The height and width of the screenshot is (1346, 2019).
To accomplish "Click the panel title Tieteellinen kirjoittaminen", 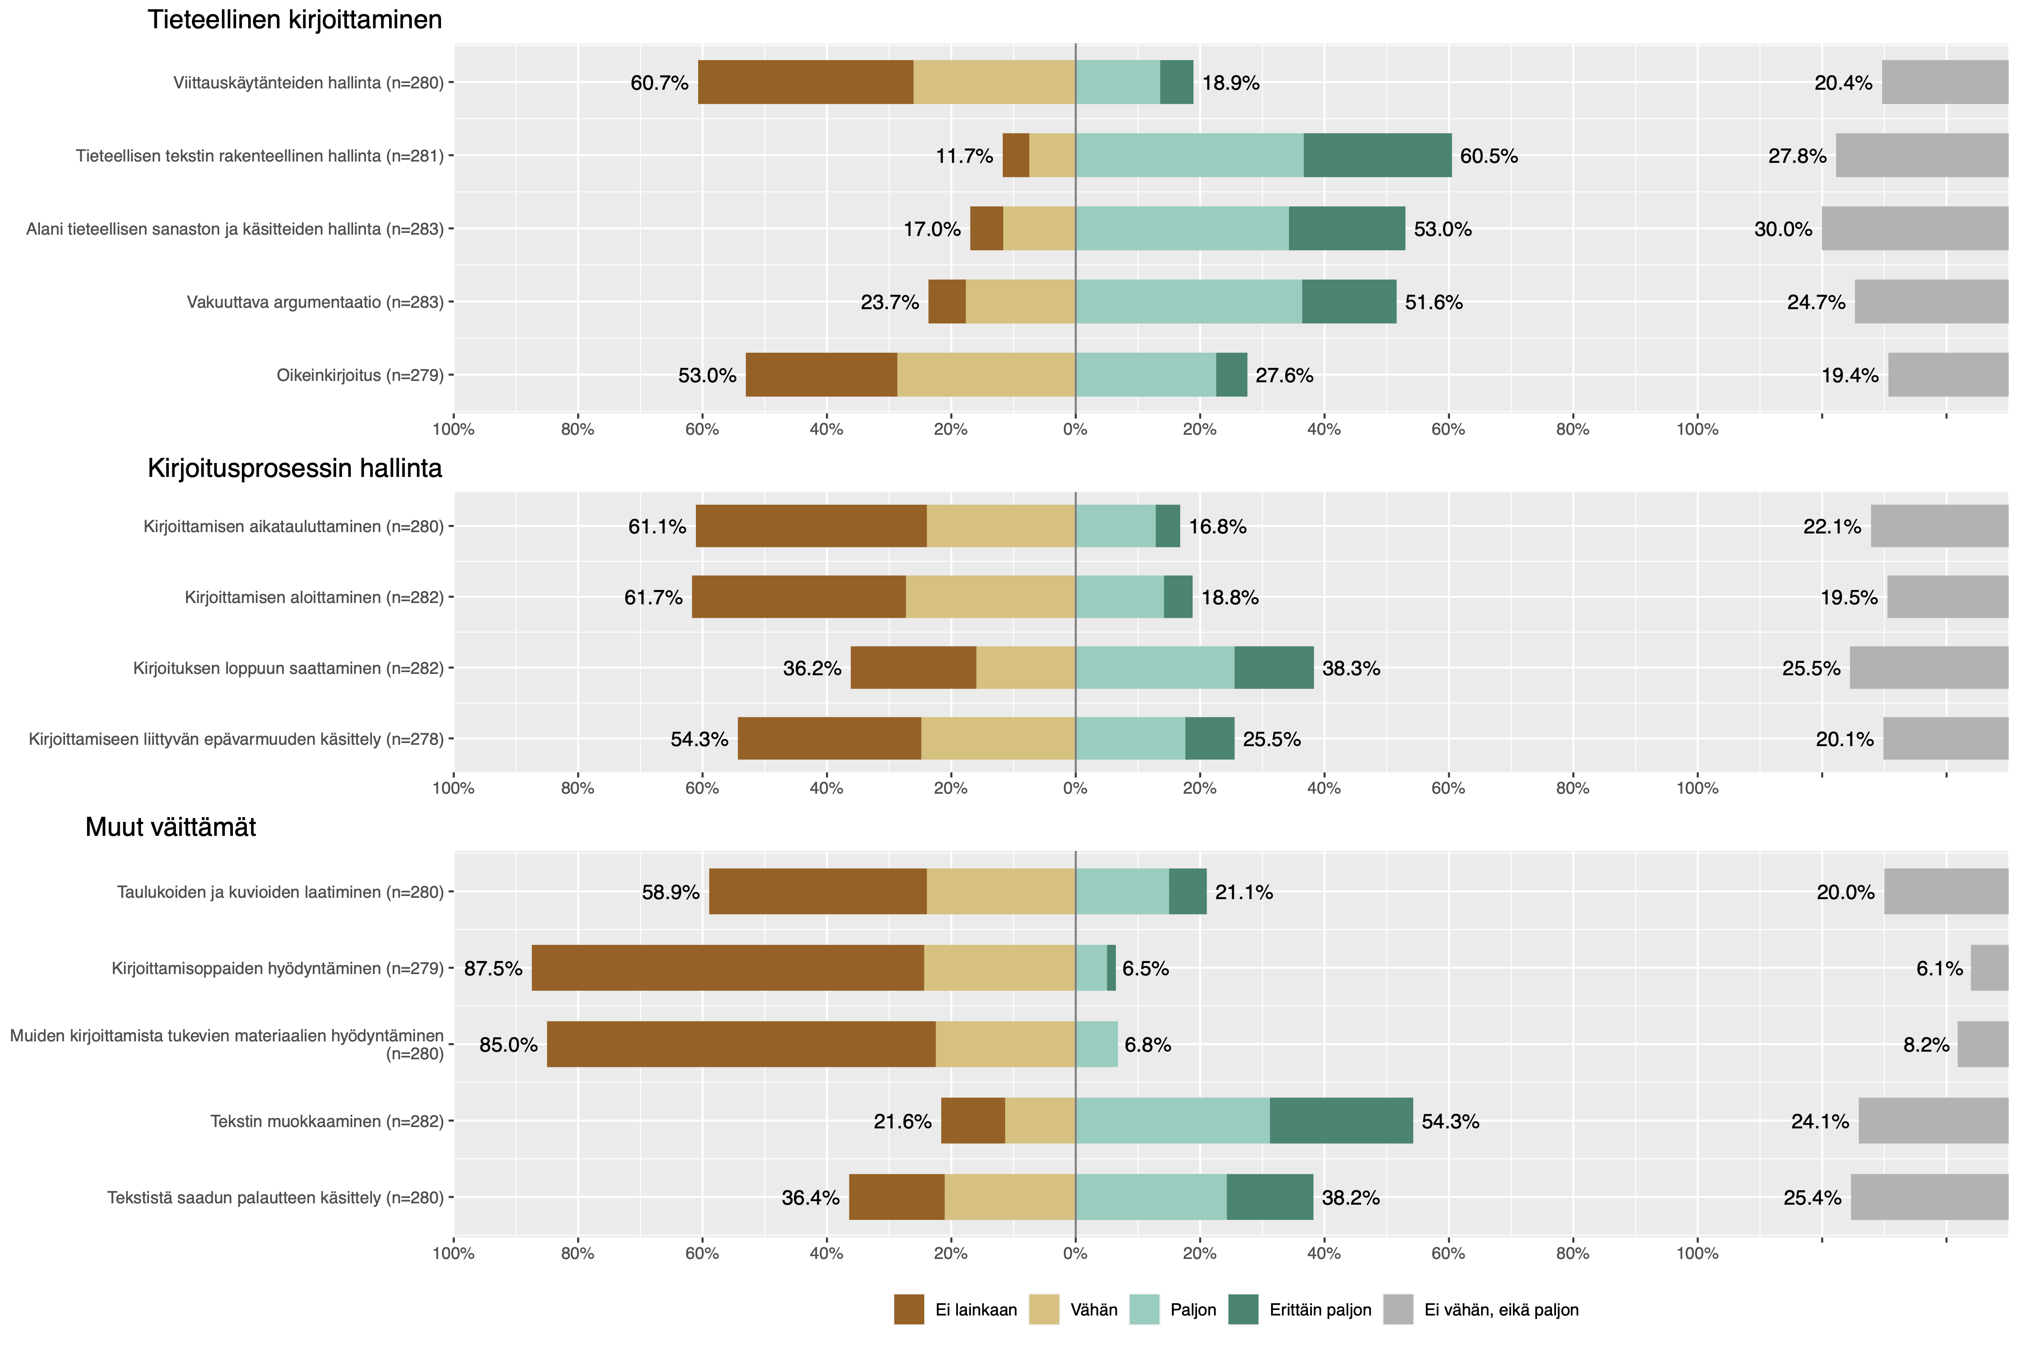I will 294,20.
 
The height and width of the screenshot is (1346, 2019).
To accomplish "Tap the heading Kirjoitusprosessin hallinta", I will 294,469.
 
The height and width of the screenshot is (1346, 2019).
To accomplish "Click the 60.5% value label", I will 1489,156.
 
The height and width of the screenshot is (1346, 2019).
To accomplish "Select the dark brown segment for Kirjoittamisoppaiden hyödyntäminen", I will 727,968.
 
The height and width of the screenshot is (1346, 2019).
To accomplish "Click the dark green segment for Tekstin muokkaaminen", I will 1341,1121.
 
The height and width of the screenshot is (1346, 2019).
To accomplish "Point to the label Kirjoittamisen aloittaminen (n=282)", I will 314,598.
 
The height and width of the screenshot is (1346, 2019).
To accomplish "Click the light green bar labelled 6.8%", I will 1096,1044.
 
